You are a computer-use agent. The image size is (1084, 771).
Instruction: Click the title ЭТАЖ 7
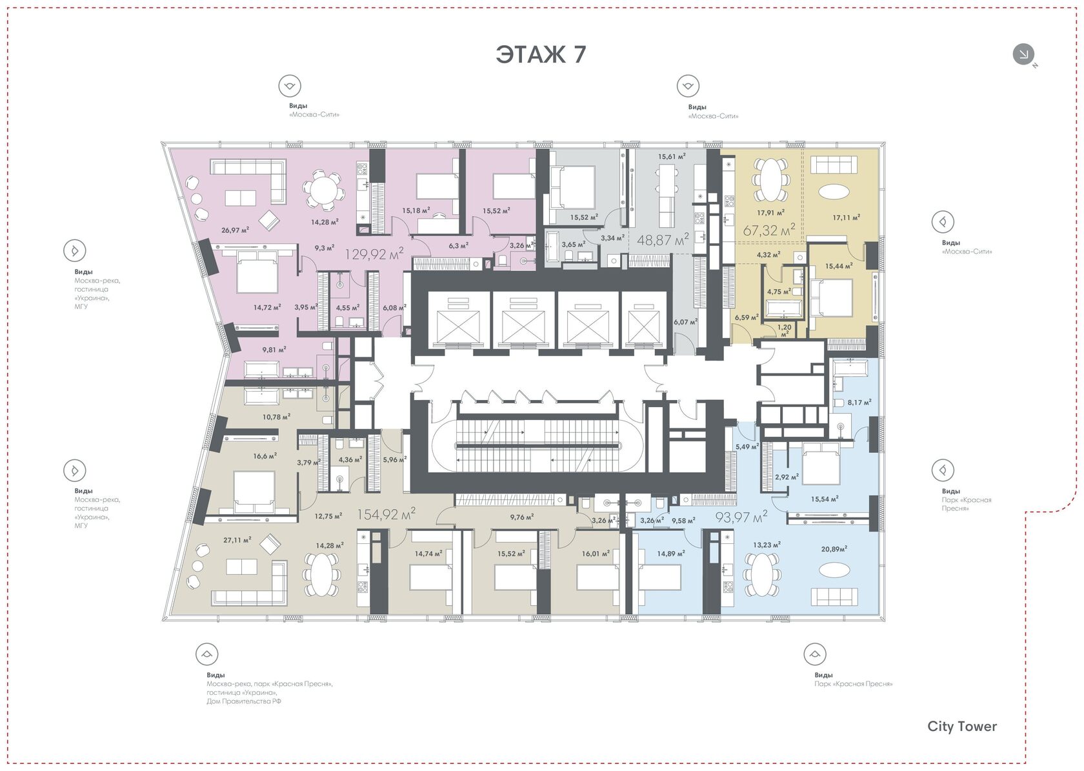pos(541,54)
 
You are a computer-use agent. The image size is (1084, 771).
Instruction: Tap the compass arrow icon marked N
pos(1023,54)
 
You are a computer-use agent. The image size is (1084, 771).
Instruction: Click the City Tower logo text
pos(962,726)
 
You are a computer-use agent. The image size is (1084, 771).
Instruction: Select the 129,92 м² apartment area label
pos(374,253)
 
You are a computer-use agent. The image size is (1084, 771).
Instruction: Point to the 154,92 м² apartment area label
pos(386,514)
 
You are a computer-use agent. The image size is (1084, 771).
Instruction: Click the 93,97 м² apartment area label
pos(741,517)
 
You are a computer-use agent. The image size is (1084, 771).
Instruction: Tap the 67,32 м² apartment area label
pos(769,230)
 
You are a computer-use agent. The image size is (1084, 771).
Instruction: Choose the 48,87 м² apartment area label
pos(663,239)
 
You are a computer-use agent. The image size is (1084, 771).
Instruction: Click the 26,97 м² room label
pos(235,230)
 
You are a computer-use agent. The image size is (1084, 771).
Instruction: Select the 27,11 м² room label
pos(237,539)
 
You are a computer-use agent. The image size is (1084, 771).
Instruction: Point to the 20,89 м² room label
pos(834,549)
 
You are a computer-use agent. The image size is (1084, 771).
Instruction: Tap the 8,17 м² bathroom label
pos(859,402)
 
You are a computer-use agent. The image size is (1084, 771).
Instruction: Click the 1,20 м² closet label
pos(785,330)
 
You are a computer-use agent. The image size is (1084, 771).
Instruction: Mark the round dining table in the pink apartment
pos(324,189)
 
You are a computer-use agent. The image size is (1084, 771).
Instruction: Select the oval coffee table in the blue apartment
pos(834,570)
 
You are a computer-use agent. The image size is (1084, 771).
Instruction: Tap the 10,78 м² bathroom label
pos(276,416)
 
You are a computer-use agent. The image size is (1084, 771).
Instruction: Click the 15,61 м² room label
pos(672,156)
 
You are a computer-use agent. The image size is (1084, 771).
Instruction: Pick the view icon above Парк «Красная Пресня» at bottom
pos(815,654)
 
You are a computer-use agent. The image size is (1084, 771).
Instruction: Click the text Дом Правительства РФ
pos(244,701)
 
